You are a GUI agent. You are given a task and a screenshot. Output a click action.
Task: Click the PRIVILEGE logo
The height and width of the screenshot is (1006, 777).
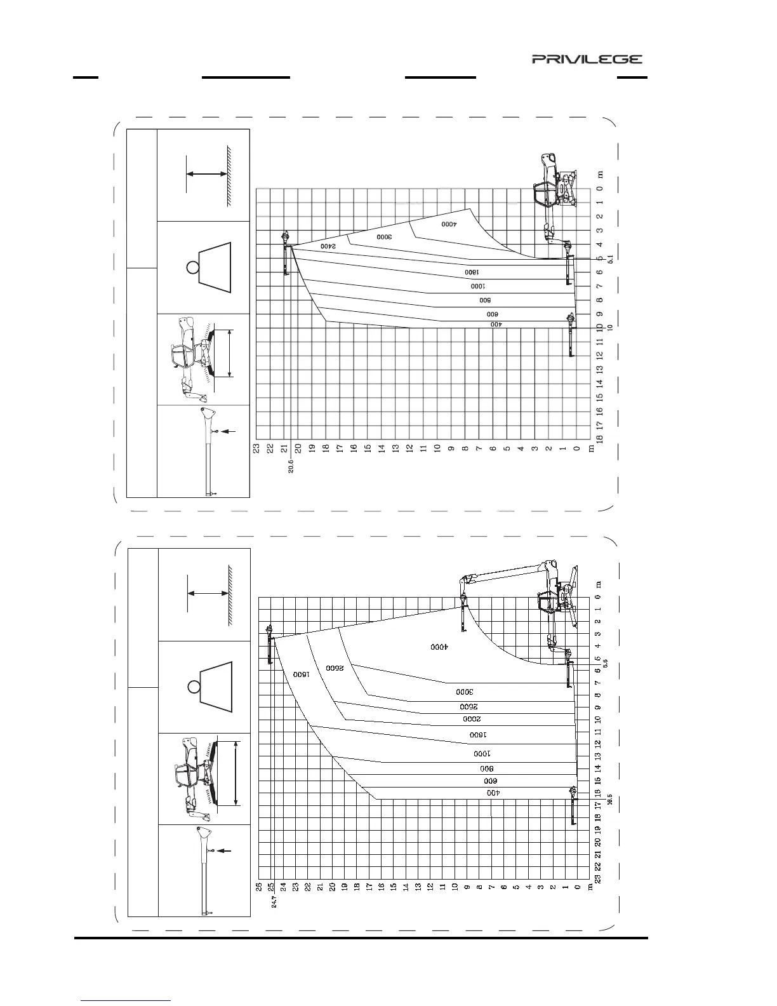click(587, 59)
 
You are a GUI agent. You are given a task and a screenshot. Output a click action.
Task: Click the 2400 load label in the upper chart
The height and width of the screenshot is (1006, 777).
click(328, 246)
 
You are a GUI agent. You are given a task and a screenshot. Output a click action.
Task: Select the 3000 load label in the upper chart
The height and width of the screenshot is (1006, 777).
click(385, 236)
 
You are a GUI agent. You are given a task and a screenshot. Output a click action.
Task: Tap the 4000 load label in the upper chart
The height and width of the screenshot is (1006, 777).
click(449, 224)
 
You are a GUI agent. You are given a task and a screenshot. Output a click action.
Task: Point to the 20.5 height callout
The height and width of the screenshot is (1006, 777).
click(290, 468)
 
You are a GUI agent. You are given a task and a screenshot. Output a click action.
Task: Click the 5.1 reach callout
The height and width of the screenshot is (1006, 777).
click(610, 259)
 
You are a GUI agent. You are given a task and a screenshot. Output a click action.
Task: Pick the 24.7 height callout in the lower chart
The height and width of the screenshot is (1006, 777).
click(274, 900)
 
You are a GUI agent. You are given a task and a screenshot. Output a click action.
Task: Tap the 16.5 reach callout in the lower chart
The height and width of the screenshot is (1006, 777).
click(610, 800)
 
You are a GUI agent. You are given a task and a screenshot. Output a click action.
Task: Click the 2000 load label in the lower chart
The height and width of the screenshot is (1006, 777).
click(472, 719)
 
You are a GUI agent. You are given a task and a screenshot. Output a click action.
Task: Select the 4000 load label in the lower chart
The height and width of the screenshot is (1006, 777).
click(439, 647)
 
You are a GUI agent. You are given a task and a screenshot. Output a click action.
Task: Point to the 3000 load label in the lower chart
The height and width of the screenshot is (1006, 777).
click(465, 692)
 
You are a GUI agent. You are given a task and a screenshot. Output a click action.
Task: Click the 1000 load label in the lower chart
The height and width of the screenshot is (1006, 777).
click(483, 754)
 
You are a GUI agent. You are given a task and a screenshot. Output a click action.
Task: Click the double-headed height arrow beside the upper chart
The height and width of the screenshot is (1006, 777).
click(207, 173)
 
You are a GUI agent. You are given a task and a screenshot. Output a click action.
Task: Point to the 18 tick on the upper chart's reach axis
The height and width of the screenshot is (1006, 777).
click(599, 438)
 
